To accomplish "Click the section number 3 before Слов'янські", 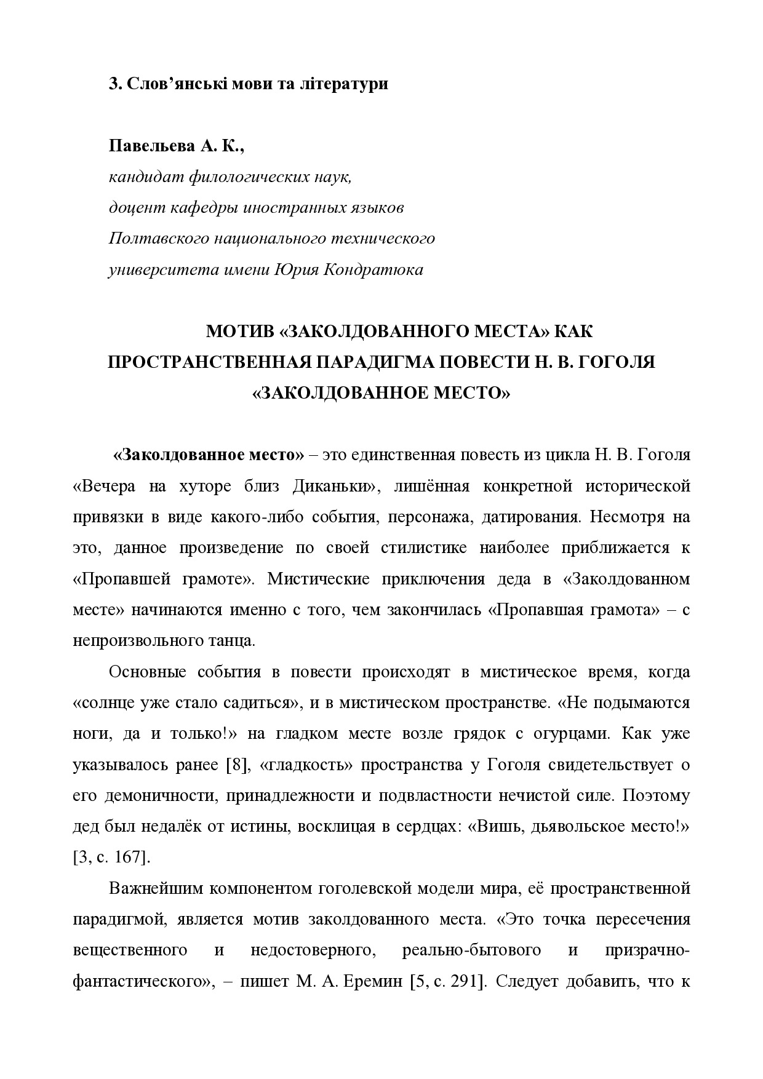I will coord(113,84).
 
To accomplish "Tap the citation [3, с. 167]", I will coord(111,857).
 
